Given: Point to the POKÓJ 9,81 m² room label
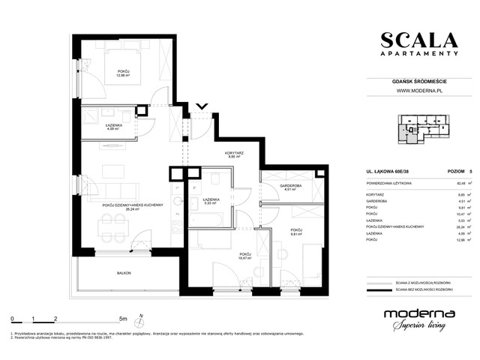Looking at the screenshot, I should pyautogui.click(x=296, y=231).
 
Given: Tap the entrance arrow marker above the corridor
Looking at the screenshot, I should pyautogui.click(x=200, y=106).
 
